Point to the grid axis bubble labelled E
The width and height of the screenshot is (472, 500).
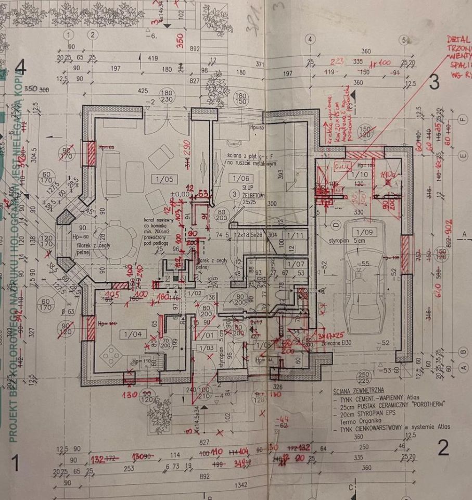coord(462,155)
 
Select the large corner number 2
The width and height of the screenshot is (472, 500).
coord(443,448)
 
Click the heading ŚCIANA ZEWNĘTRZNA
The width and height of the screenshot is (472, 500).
coord(359,389)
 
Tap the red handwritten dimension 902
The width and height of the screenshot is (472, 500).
coord(449,228)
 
